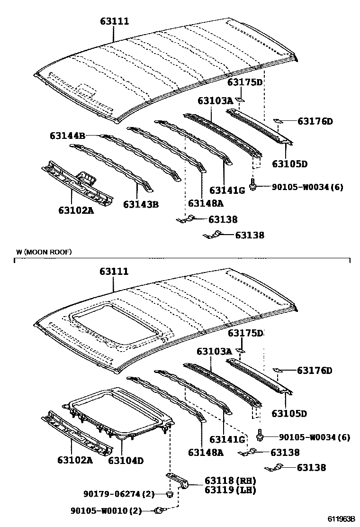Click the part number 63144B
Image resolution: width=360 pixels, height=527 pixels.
click(68, 136)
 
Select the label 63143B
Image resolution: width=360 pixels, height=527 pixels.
click(141, 204)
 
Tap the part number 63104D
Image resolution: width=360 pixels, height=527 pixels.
click(126, 460)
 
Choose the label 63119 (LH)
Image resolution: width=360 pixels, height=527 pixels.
click(230, 490)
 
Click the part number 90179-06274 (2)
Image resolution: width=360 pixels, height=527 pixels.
click(113, 494)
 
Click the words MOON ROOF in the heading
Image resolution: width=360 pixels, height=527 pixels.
click(49, 252)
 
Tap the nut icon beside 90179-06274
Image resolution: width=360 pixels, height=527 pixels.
click(169, 495)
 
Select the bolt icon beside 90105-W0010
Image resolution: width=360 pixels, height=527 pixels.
click(160, 510)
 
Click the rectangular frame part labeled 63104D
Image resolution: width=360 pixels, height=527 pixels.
click(118, 412)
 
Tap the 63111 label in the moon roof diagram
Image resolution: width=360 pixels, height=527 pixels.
click(114, 272)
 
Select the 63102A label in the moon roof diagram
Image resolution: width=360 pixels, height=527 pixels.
click(76, 460)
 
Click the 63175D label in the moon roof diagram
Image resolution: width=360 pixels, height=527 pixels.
click(245, 333)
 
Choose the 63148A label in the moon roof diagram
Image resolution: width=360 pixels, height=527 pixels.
click(205, 452)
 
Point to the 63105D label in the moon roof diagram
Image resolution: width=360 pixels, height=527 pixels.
click(289, 414)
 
